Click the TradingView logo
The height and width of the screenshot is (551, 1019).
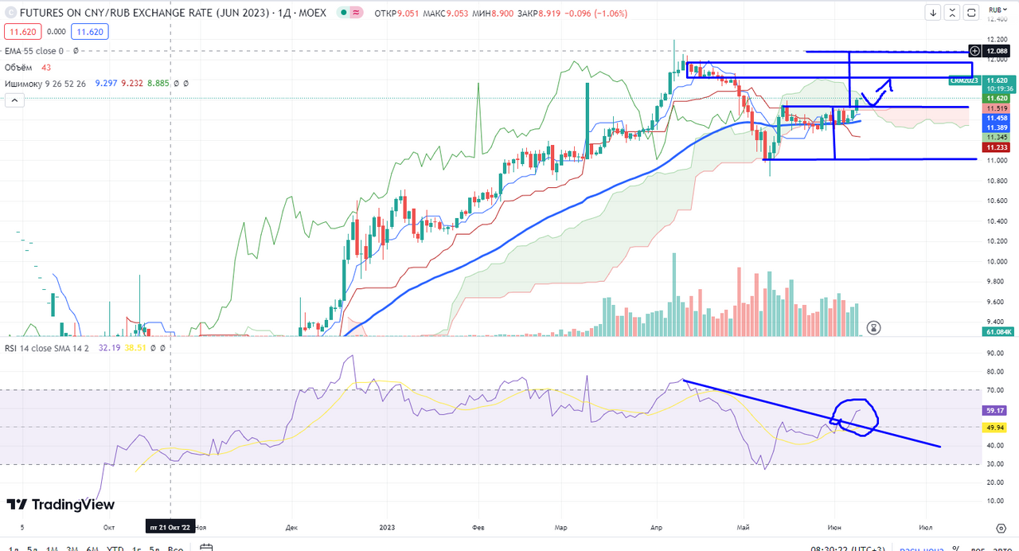[61, 505]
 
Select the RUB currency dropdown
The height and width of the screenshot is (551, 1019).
[995, 10]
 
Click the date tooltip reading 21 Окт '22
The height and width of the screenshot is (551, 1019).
[170, 527]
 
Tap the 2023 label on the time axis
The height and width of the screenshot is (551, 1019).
[387, 527]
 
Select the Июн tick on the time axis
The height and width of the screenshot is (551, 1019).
[835, 527]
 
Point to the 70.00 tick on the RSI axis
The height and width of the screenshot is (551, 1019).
[994, 390]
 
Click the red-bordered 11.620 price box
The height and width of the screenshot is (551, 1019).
[22, 32]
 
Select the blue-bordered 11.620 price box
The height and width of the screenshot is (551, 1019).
[89, 32]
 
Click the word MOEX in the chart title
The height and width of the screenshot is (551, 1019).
[311, 14]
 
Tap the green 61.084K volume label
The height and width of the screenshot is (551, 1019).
[998, 331]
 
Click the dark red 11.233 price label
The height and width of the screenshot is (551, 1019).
[996, 147]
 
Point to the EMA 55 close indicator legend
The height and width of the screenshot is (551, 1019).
[34, 51]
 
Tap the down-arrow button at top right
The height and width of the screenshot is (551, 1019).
[934, 13]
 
